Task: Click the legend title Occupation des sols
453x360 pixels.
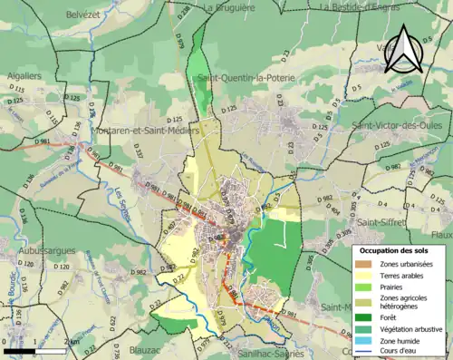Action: tap(393, 249)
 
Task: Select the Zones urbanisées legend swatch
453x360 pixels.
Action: tap(368, 264)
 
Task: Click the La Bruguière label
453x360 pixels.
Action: tap(230, 7)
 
